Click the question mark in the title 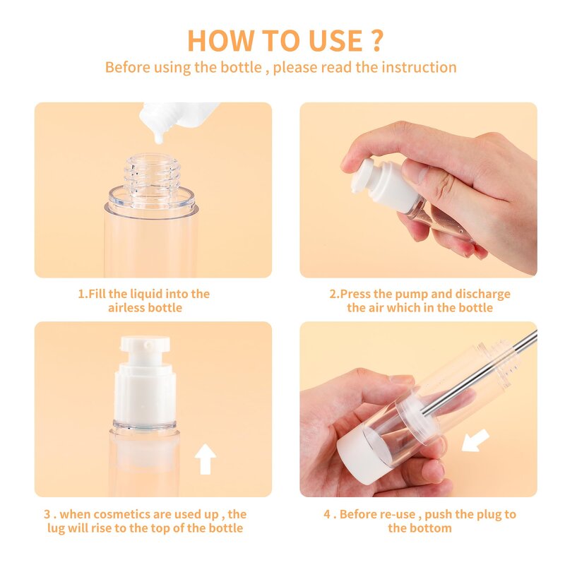click(376, 40)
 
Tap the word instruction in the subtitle click(419, 67)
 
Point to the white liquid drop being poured click(158, 136)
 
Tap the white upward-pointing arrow click(206, 459)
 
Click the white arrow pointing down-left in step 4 click(475, 441)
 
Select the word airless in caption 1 click(126, 308)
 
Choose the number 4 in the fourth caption click(328, 514)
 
